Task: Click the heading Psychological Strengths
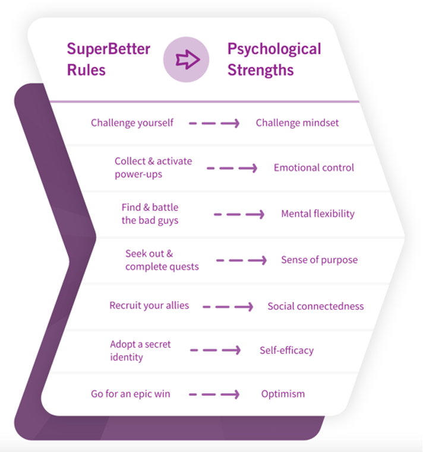(274, 59)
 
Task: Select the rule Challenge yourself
(132, 123)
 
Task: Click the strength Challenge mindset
(297, 123)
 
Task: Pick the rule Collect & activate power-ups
(153, 168)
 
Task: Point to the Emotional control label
(314, 168)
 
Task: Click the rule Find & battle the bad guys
(150, 214)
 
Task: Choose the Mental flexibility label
(318, 214)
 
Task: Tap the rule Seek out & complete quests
(162, 260)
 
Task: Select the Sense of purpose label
(319, 260)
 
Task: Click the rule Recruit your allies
(149, 306)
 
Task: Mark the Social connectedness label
(315, 307)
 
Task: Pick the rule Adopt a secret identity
(141, 351)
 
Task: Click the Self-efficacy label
(286, 351)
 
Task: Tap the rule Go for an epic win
(130, 394)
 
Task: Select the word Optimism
(283, 394)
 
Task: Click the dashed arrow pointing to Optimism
(214, 394)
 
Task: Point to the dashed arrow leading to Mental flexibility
(239, 214)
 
